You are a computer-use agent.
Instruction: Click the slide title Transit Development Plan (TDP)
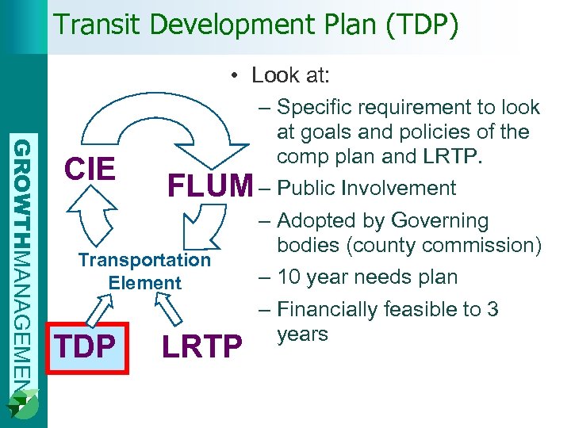point(255,25)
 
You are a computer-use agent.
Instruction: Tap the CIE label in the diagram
point(90,170)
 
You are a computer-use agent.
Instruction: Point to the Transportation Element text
point(144,271)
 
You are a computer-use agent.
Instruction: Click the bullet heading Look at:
point(290,75)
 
